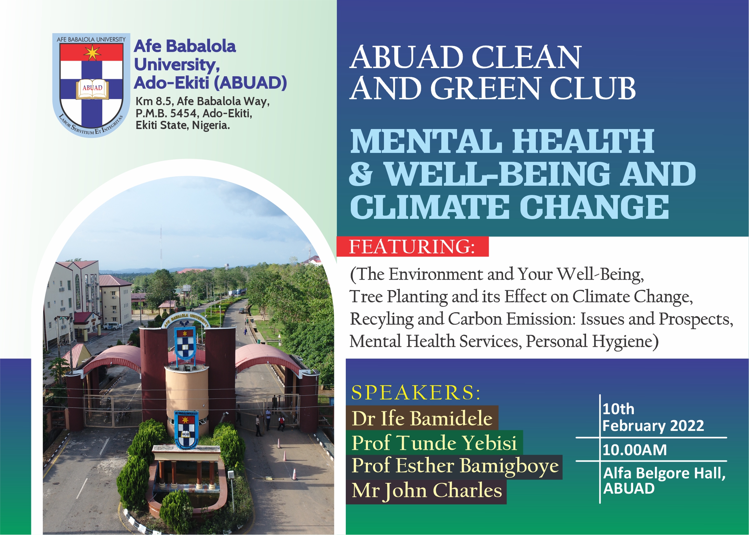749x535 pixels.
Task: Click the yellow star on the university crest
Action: coord(92,53)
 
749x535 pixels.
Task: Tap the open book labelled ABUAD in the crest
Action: coord(92,89)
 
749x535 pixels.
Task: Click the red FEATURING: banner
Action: coord(412,246)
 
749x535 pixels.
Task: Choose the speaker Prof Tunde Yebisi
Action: coord(434,442)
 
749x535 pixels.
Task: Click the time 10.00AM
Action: coord(635,450)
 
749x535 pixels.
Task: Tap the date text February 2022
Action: coord(653,426)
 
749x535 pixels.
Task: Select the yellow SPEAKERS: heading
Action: coord(416,392)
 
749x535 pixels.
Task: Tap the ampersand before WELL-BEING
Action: coord(361,174)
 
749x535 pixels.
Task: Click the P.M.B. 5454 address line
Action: coord(194,113)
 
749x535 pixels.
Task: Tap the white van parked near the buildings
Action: coord(112,326)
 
